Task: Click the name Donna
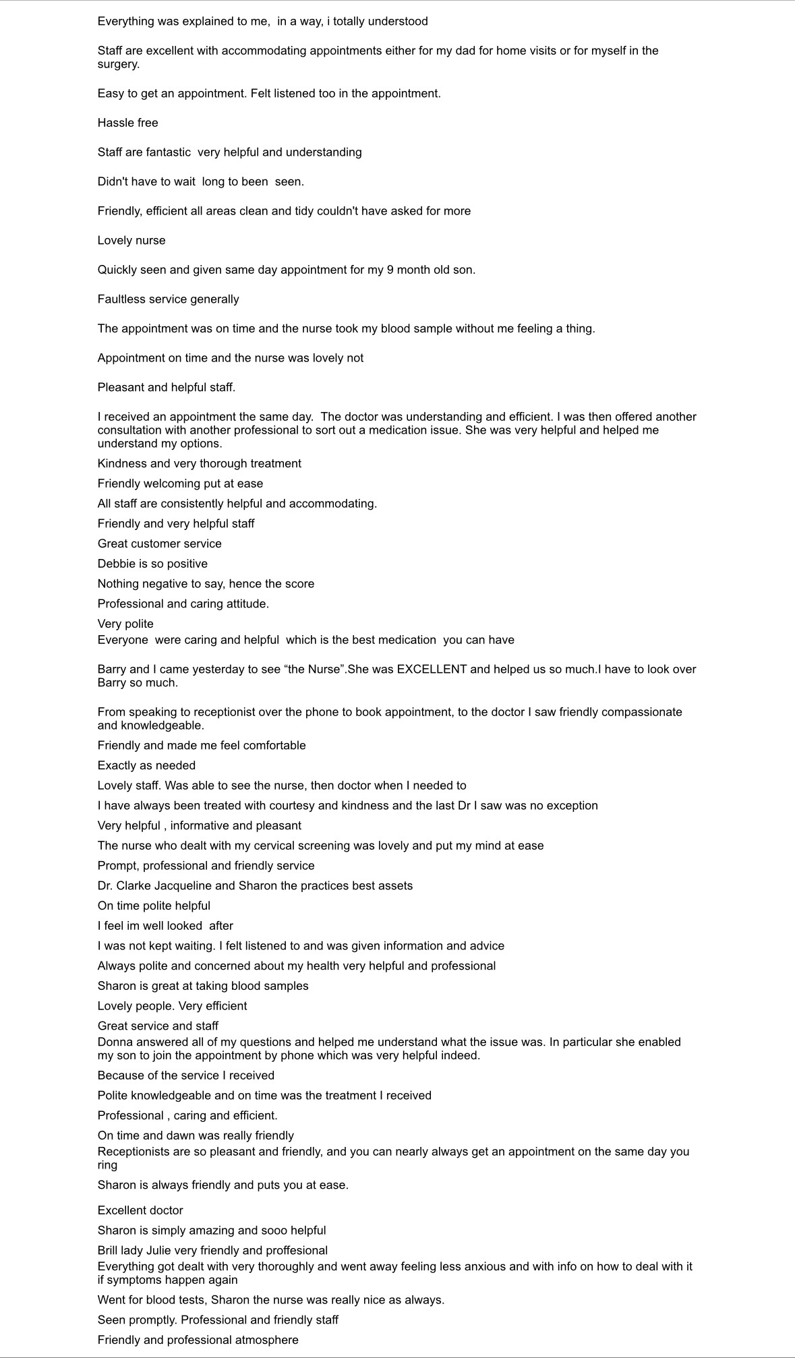point(114,1042)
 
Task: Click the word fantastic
point(167,152)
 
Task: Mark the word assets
point(394,885)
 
